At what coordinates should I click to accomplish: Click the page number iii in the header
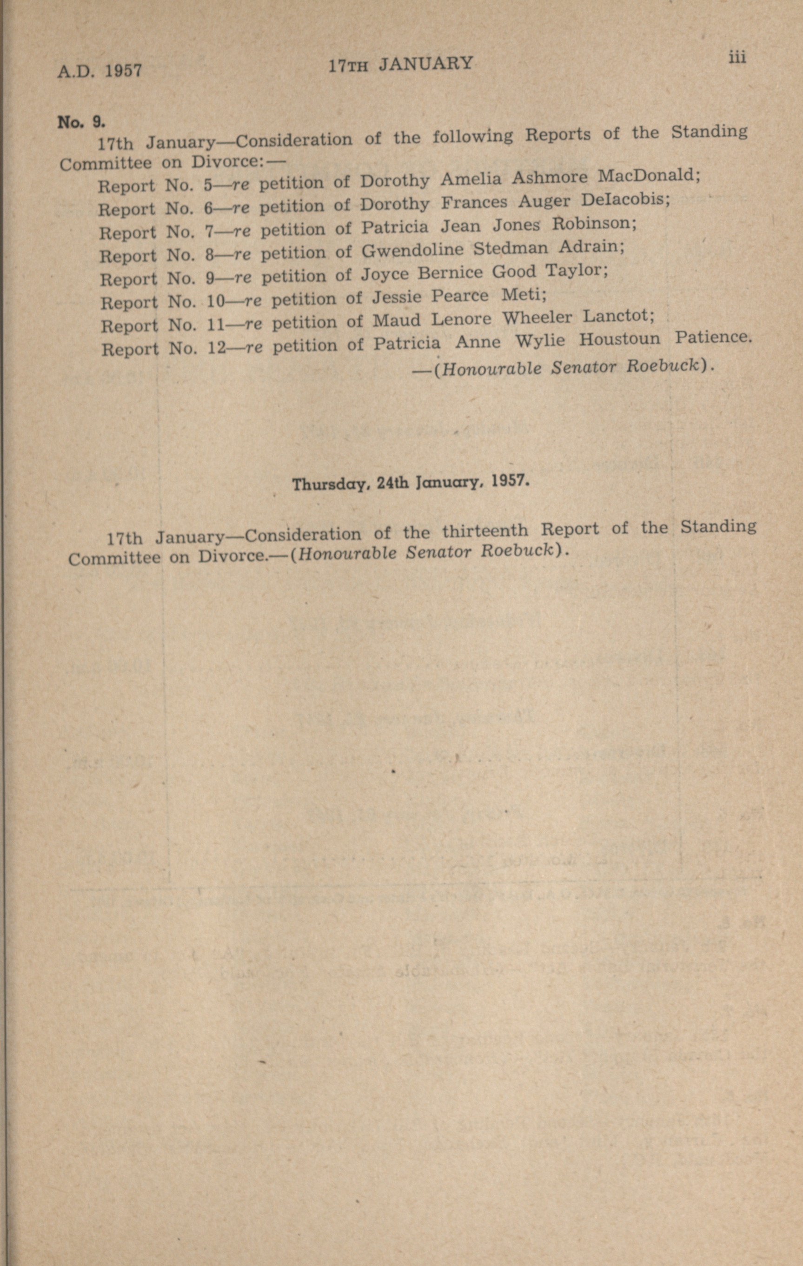[737, 57]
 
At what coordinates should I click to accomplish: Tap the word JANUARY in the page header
[426, 64]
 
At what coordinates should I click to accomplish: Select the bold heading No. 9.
[82, 122]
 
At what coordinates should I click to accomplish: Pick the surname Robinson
[594, 224]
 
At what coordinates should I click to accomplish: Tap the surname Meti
[524, 294]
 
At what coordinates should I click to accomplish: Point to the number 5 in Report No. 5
[208, 185]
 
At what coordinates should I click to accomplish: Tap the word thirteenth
[484, 530]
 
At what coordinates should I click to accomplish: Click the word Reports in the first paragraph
[558, 134]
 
